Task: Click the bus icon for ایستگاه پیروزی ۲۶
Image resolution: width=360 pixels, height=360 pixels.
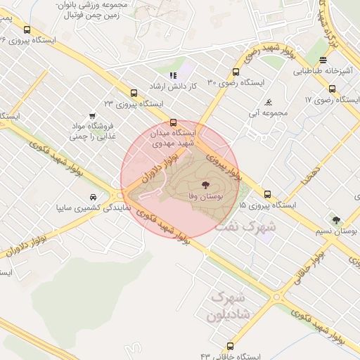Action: pos(27,30)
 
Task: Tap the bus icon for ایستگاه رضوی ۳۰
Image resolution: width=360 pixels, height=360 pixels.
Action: pos(235,72)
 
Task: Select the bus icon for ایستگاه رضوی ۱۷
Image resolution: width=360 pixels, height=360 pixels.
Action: pos(333,89)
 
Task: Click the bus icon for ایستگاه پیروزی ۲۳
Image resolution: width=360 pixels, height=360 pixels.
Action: pos(134,92)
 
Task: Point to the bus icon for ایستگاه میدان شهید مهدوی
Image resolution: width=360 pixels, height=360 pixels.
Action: pos(173,122)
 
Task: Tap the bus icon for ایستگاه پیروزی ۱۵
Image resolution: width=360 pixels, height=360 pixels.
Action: pos(267,194)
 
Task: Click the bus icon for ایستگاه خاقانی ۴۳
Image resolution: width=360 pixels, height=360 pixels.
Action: pos(230,346)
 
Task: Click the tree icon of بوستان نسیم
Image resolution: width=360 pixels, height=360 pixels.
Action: pos(336,220)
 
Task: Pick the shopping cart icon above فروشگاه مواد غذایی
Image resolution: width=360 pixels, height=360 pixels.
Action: pos(92,117)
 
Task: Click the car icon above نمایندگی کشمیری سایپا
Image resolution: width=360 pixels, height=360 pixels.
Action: pos(94,196)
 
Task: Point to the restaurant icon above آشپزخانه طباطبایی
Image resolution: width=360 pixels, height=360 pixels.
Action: pos(322,60)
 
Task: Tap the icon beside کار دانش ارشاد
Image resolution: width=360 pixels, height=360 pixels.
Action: pos(173,75)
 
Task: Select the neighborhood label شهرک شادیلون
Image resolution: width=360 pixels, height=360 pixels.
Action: pos(229,307)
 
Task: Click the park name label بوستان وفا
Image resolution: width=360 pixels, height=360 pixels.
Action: pos(205,199)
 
